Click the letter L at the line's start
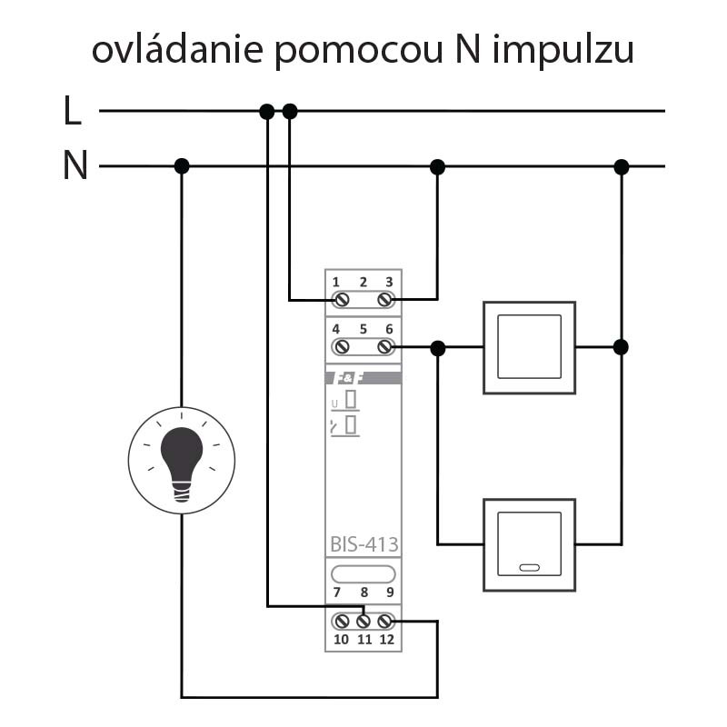tap(73, 112)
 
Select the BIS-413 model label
tap(363, 545)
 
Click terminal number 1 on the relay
tap(336, 282)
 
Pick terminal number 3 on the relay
tap(389, 282)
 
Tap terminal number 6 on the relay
tap(389, 329)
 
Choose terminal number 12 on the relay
tap(388, 640)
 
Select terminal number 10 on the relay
tap(341, 640)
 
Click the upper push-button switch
tap(529, 347)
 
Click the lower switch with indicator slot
tap(529, 543)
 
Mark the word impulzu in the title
tap(563, 51)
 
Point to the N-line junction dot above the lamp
tap(182, 166)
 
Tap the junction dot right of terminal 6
tap(438, 347)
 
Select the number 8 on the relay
tap(363, 593)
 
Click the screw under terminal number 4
tap(343, 347)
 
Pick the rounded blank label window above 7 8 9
tap(363, 573)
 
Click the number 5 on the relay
tap(363, 329)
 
